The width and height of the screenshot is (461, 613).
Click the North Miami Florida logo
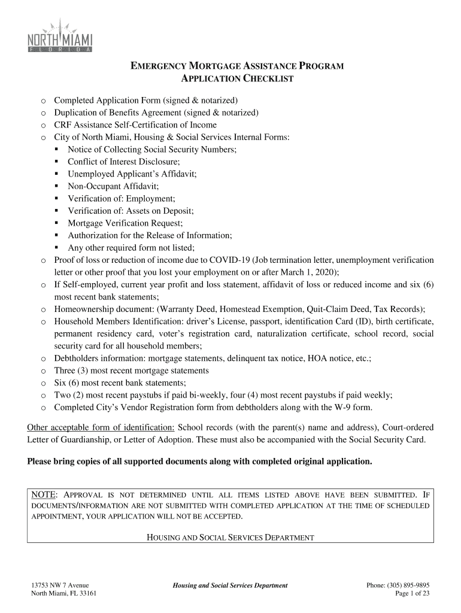pyautogui.click(x=60, y=38)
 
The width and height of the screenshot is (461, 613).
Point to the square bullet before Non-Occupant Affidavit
pyautogui.click(x=56, y=186)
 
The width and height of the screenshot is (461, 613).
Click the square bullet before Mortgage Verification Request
pyautogui.click(x=56, y=223)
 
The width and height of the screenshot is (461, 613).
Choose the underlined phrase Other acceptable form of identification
pyautogui.click(x=101, y=427)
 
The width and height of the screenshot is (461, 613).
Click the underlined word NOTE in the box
pyautogui.click(x=44, y=494)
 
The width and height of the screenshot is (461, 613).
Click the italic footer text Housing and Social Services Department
pyautogui.click(x=230, y=585)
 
